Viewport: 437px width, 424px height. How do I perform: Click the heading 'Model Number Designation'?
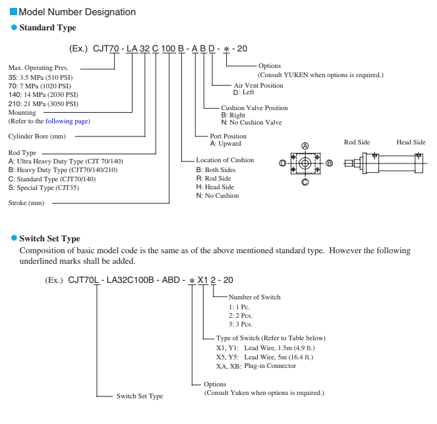[x=77, y=12]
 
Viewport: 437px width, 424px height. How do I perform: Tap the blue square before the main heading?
[x=13, y=12]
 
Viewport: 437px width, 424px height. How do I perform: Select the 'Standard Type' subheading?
[x=47, y=28]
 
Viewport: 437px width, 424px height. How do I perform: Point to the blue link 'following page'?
[x=67, y=121]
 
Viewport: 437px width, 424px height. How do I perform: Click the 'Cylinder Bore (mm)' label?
[x=37, y=136]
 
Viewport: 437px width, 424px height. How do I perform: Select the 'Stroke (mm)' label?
[x=26, y=203]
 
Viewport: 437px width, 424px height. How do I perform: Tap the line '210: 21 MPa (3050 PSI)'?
[x=43, y=104]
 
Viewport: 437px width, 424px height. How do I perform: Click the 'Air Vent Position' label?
[x=258, y=86]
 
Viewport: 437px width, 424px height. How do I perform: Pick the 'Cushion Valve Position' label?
[x=254, y=108]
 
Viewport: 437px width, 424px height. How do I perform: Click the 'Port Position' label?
[x=228, y=136]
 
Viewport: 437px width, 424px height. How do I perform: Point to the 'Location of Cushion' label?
[x=225, y=160]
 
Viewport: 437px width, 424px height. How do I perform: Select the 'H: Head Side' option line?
[x=215, y=187]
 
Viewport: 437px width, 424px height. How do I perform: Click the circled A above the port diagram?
[x=305, y=144]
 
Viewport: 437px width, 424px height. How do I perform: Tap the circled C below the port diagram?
[x=305, y=181]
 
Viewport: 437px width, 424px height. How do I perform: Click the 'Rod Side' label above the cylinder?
[x=357, y=142]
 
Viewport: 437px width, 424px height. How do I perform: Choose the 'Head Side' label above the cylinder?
[x=411, y=142]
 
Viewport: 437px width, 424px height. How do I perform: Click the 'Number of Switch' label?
[x=254, y=297]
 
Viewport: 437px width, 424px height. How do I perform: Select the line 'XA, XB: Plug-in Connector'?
[x=256, y=366]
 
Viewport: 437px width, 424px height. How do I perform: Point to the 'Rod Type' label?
[x=22, y=152]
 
